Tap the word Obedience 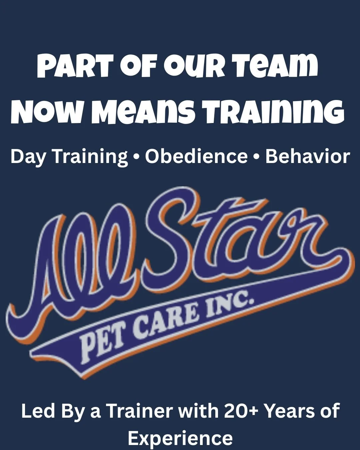coord(196,156)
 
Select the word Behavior coord(307,156)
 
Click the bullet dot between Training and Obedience coord(136,157)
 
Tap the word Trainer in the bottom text coord(140,411)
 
